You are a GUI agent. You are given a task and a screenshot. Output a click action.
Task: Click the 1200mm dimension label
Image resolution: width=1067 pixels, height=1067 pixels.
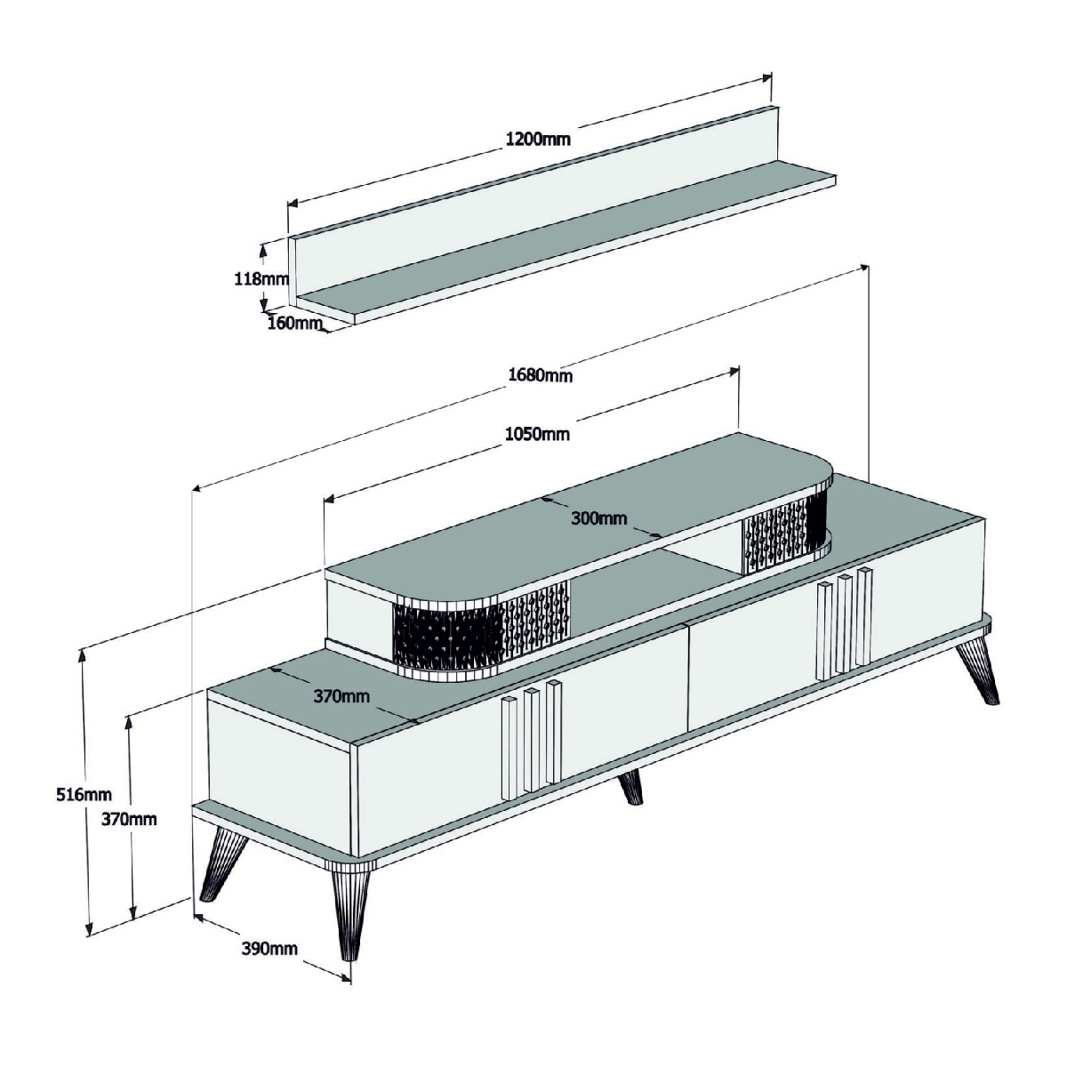(x=537, y=139)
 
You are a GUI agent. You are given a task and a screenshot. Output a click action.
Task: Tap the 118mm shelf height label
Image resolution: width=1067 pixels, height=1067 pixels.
(x=261, y=278)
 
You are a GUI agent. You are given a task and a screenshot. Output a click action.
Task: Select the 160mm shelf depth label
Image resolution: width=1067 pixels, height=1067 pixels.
(x=294, y=322)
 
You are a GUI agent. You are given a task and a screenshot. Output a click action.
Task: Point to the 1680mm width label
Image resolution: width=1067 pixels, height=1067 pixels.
(x=540, y=375)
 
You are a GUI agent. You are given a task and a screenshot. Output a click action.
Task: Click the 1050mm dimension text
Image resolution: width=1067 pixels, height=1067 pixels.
(x=537, y=434)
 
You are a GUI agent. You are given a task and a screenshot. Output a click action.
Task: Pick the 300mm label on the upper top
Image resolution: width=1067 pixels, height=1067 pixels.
(x=599, y=517)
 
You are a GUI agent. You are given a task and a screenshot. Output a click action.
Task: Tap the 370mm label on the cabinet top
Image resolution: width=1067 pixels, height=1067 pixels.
(x=341, y=696)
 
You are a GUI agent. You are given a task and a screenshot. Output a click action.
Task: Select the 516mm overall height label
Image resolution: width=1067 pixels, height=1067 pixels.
(x=84, y=795)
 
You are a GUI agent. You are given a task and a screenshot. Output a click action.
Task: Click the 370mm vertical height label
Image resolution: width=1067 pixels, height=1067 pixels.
(x=128, y=818)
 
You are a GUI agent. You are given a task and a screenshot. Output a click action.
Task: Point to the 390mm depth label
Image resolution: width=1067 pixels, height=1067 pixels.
(x=269, y=949)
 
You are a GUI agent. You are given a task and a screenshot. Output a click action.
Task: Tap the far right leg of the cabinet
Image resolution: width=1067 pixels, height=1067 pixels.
(x=979, y=670)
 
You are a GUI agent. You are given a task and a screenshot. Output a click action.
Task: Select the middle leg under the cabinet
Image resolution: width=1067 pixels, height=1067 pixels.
(x=631, y=788)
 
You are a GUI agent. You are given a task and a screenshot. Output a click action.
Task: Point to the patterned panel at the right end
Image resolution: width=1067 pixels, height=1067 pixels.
(x=785, y=533)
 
